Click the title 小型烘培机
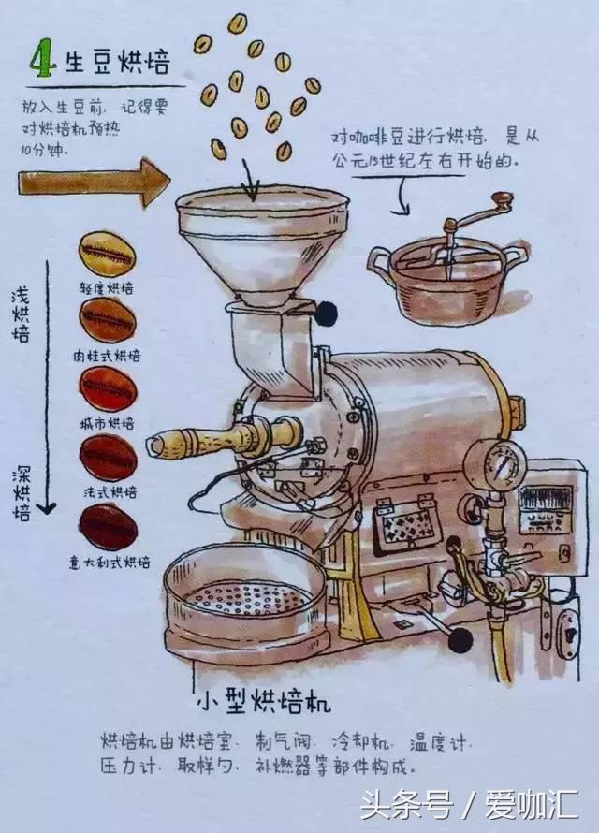264,701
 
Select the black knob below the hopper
326,314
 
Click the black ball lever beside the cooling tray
460,640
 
